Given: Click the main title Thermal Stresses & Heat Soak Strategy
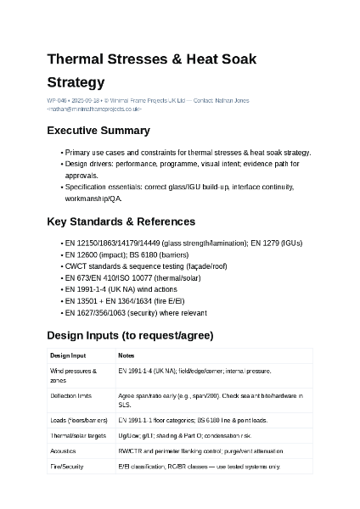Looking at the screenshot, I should (x=151, y=70).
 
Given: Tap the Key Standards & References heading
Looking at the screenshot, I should (x=121, y=221).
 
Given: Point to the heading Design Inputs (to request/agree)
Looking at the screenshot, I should (x=130, y=335).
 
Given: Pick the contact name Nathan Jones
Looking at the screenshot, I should (x=232, y=101).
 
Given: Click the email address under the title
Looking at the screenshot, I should (x=94, y=109).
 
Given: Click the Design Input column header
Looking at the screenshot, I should (x=68, y=355).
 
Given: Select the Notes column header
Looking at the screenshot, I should (x=126, y=355).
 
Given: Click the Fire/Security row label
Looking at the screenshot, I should (x=67, y=467).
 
